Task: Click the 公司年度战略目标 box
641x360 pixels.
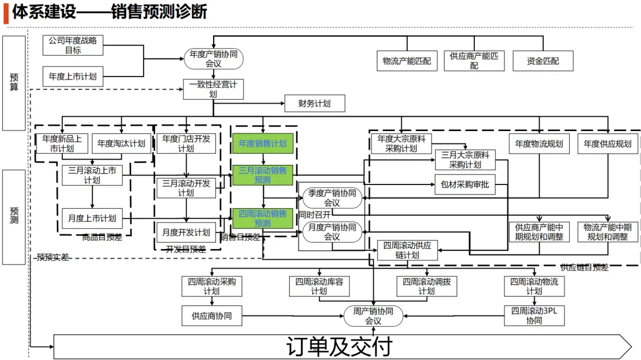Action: pos(73,45)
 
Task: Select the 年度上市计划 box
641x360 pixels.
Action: pos(73,76)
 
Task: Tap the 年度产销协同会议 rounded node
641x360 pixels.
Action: pos(214,59)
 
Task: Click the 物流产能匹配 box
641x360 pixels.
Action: pos(407,60)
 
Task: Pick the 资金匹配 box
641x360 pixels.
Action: pos(542,60)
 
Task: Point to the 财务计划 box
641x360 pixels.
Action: pos(315,103)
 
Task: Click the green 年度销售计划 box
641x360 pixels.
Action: pos(262,143)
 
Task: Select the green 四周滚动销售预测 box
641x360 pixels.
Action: pos(262,218)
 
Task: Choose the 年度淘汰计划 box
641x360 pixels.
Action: pos(121,143)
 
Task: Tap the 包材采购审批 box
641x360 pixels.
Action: pos(465,184)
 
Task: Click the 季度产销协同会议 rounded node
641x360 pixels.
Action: pos(332,197)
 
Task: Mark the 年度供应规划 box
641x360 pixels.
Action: pos(607,143)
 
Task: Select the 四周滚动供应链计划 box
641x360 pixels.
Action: pos(407,250)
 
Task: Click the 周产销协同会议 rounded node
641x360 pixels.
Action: pos(373,316)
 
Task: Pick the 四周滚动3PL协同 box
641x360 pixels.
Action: pos(534,316)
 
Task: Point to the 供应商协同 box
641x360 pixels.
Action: pos(212,316)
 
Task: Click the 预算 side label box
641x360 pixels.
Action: pos(14,83)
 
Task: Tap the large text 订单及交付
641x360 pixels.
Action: pos(339,347)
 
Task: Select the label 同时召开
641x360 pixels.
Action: pos(315,214)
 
